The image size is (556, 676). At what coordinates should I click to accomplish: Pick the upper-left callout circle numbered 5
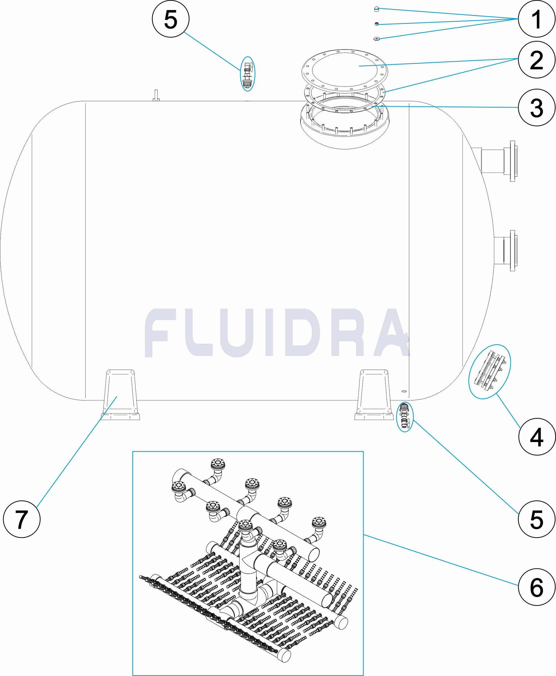(x=170, y=19)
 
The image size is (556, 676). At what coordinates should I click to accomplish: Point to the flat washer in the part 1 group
(x=377, y=38)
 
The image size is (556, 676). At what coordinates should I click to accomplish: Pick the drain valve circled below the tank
(x=405, y=417)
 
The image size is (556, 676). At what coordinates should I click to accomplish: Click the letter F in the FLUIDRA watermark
(x=160, y=333)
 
